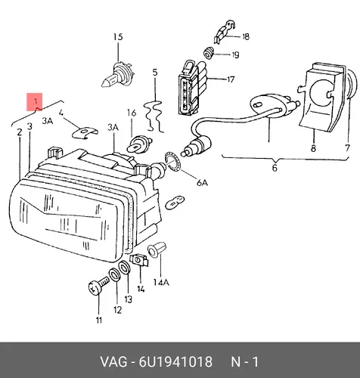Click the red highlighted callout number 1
35,102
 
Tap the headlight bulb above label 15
116,74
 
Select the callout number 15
118,37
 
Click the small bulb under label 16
138,144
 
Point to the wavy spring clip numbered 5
154,116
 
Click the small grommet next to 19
209,53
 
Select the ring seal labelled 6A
172,161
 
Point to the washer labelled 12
114,274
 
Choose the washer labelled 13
124,267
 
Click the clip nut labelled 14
138,260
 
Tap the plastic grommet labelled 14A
157,249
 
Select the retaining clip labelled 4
85,132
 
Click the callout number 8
313,148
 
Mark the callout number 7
348,147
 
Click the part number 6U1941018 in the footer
175,362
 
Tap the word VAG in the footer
114,362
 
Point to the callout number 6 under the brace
275,168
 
